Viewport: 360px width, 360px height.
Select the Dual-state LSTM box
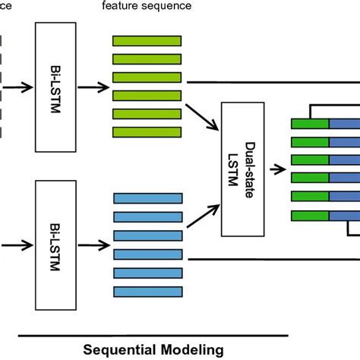[245, 166]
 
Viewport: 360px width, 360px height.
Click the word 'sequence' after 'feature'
[168, 7]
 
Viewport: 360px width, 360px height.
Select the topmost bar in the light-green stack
[147, 40]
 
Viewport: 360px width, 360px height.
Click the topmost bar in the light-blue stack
[147, 198]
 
